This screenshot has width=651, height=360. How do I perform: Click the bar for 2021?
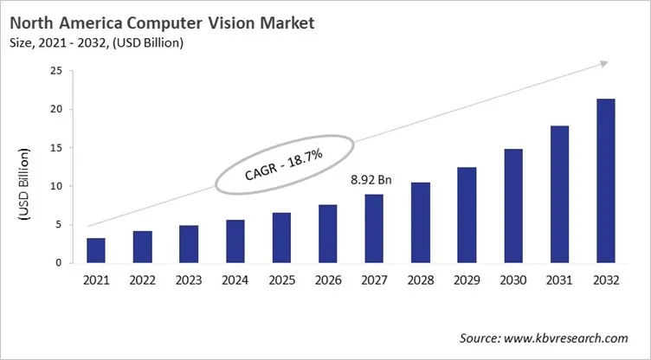pos(97,250)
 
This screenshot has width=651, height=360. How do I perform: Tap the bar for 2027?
pos(375,228)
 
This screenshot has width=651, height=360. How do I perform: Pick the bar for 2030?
pos(514,206)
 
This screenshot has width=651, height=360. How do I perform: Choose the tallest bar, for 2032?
pos(607,181)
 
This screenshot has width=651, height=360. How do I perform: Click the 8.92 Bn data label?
pos(370,182)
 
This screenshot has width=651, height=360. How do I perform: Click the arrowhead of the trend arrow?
pos(604,63)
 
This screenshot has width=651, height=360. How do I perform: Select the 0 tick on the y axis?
pos(58,262)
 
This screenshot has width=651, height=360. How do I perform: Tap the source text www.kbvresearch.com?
pos(572,337)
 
